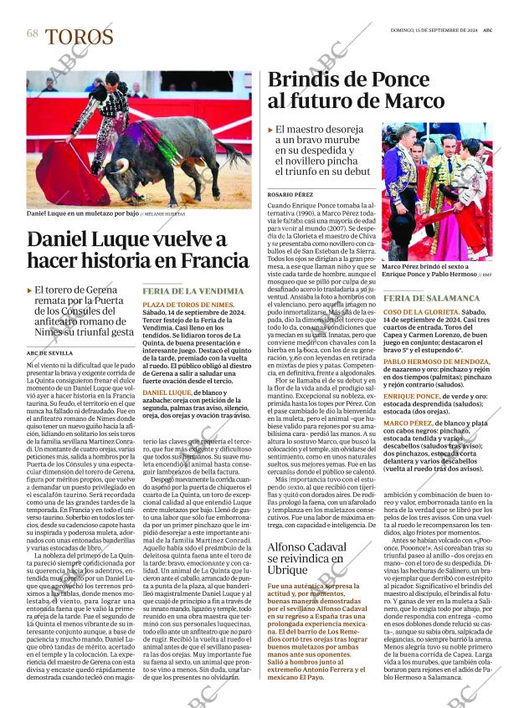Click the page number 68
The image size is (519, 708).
[33, 33]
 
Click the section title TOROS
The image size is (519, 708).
[80, 37]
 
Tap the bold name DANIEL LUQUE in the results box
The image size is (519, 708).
[167, 392]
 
